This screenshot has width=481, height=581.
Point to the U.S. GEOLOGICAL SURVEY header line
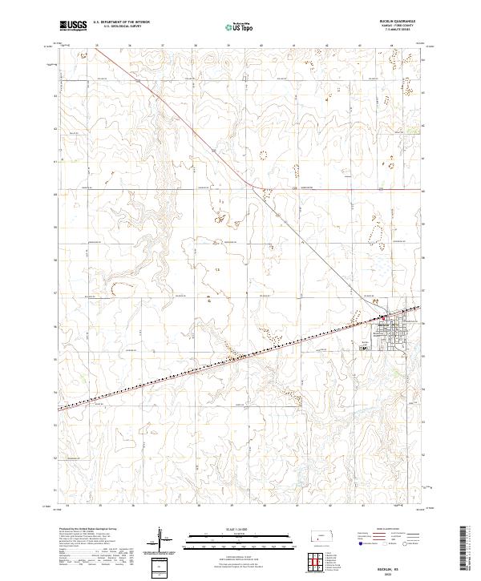click(121, 26)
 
